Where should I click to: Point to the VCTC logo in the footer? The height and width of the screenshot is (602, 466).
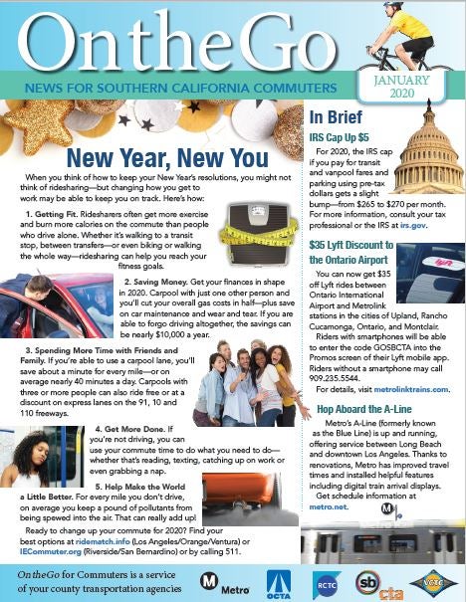pyautogui.click(x=433, y=579)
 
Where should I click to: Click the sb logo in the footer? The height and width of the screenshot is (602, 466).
pyautogui.click(x=367, y=581)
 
